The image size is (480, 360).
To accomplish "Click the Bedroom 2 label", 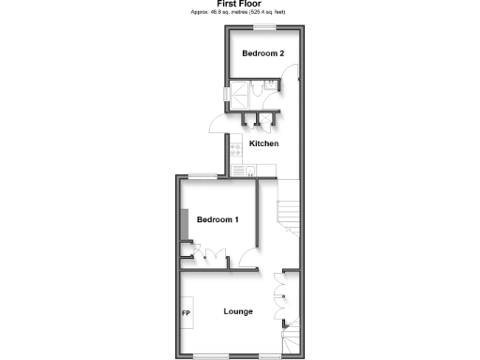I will point(262,53).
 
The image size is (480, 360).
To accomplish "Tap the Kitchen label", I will point(263,143).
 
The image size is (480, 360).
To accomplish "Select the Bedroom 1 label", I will point(217,219).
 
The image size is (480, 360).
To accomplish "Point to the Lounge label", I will point(237,311).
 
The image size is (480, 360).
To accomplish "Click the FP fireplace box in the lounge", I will point(187,311).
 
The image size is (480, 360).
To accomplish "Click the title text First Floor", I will point(239,4).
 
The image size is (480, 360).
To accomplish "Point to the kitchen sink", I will point(236,169).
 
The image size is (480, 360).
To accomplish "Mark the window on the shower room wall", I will point(226,95).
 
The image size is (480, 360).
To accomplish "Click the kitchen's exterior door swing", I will point(217,125).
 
